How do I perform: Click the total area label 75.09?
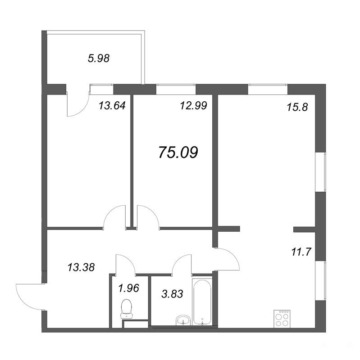pos(178,152)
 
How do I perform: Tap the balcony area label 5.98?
pos(99,58)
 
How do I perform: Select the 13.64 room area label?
pos(112,106)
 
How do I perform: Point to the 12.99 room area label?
pos(194,106)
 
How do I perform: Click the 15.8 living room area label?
pos(297,107)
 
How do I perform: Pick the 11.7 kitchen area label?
pos(301,252)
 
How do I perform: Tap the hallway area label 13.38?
pos(81,267)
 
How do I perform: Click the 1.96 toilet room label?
pos(128,288)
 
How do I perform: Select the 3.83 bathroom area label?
pos(172,294)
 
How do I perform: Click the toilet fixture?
pos(127,309)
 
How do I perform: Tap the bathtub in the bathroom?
pos(202,302)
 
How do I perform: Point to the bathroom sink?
pos(183,320)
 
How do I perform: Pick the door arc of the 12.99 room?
pos(152,211)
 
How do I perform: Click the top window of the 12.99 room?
pos(176,89)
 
